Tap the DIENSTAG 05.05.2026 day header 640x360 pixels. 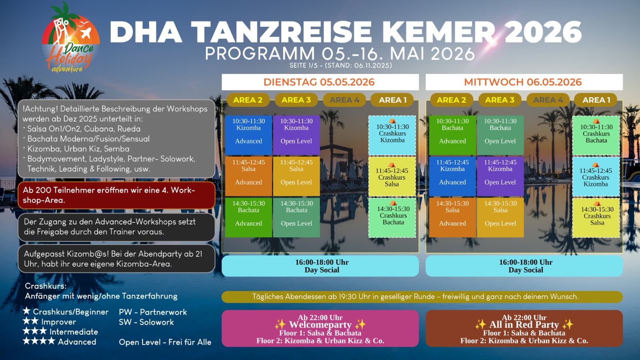click(x=320, y=82)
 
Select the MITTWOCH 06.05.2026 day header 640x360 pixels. click(x=524, y=82)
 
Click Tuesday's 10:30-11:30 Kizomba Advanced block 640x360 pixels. click(x=248, y=135)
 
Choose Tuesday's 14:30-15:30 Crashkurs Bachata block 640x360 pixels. click(x=392, y=218)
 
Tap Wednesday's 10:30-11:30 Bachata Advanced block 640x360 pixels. click(x=452, y=135)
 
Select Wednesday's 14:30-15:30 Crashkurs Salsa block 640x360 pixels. click(x=596, y=218)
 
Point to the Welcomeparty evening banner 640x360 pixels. click(x=320, y=328)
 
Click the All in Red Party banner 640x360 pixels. click(x=524, y=328)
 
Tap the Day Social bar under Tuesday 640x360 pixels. click(x=320, y=266)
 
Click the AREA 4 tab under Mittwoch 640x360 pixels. click(x=548, y=100)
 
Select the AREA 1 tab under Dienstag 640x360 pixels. click(x=392, y=100)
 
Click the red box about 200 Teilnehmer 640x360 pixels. click(x=116, y=196)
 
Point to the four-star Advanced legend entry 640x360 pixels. click(x=60, y=342)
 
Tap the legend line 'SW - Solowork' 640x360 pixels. click(x=146, y=322)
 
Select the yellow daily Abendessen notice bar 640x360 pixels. click(x=422, y=297)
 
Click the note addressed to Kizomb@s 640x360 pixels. click(x=116, y=259)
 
